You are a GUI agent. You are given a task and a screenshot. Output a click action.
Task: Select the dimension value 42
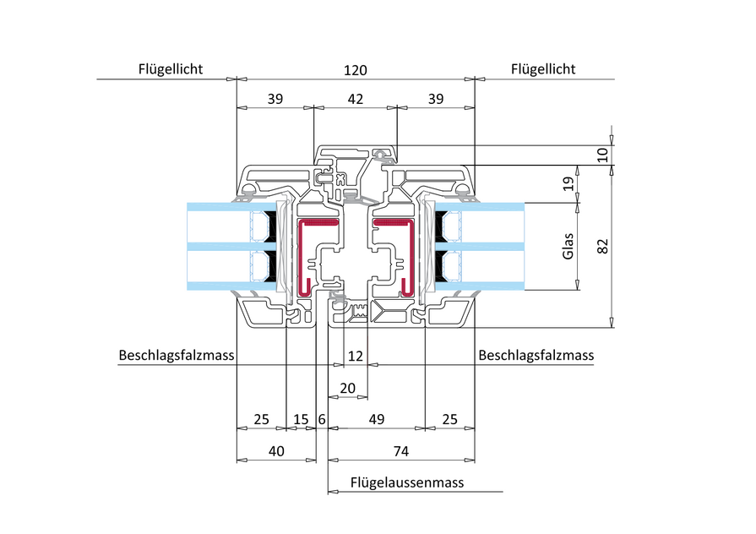pos(355,99)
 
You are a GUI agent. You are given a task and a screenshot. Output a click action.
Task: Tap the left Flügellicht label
pos(171,69)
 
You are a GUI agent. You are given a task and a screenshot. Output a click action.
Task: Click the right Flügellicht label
pos(543,69)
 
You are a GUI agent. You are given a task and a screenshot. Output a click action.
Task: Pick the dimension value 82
pos(601,246)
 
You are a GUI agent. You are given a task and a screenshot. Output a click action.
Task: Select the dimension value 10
pos(601,154)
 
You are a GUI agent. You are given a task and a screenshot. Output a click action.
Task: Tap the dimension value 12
pos(356,356)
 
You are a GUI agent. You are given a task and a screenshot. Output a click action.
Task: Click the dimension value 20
pos(347,388)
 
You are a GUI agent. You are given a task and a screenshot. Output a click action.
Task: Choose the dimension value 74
pos(401,452)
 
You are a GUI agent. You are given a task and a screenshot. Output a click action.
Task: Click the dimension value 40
pos(275,452)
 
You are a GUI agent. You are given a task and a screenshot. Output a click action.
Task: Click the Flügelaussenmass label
pos(407,482)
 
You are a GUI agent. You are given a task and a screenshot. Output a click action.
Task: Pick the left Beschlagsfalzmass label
pos(177,356)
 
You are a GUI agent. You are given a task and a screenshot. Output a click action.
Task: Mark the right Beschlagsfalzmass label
pos(536,356)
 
